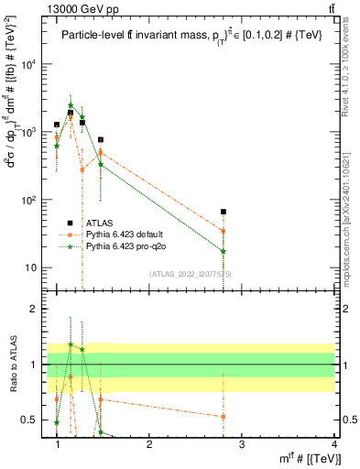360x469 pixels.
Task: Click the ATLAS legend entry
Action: coord(99,222)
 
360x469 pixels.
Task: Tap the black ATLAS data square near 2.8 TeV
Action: coord(224,212)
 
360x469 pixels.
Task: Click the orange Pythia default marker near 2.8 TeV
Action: coord(224,231)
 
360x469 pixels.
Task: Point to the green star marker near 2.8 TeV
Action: coord(224,251)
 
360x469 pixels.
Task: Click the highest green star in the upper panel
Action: coord(71,105)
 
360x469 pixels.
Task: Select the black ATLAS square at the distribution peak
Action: coord(71,113)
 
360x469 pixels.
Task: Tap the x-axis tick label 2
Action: coord(149,444)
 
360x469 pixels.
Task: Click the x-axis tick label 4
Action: coord(333,444)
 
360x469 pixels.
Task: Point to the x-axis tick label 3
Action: coord(241,444)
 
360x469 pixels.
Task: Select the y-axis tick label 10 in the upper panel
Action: coord(38,267)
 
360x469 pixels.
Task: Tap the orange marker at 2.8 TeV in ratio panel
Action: coord(224,416)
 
